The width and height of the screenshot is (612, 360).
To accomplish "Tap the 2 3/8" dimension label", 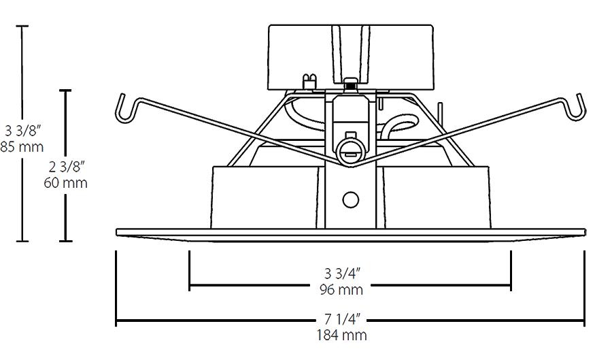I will (x=66, y=167).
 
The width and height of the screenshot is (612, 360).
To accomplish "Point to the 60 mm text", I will (x=66, y=183).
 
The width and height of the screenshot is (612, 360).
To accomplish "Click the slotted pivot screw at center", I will (x=350, y=151).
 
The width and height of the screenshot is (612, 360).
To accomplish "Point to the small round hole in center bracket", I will (x=351, y=199).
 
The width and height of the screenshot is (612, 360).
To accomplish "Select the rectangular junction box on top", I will (x=351, y=57).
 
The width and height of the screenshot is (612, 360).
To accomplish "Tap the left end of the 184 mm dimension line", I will (x=116, y=320).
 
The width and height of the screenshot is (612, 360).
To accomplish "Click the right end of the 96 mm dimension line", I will (x=510, y=286).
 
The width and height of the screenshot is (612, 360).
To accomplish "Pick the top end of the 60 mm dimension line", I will (x=66, y=90).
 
